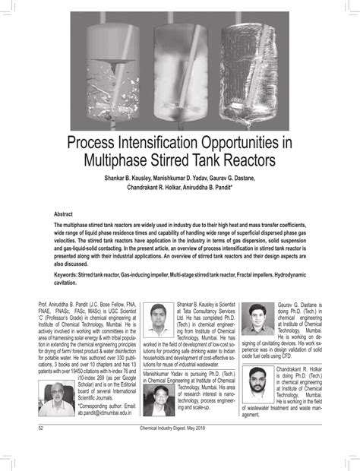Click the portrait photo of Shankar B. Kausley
point(159,320)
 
